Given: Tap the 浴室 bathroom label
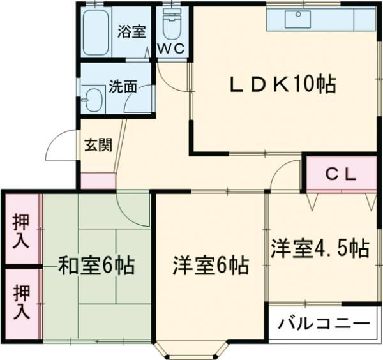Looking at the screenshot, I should coord(133,32).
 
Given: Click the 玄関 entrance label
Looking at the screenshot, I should coord(98,144).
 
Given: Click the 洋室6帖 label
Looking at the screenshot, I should coord(211,264).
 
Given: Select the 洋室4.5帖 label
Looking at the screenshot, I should coord(319,248).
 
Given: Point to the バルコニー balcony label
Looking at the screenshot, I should coord(324,323).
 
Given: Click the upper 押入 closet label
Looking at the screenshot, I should coord(21,228).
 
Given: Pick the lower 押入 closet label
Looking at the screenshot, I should coord(21,301).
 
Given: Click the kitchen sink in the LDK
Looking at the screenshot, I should coord(297,20).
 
